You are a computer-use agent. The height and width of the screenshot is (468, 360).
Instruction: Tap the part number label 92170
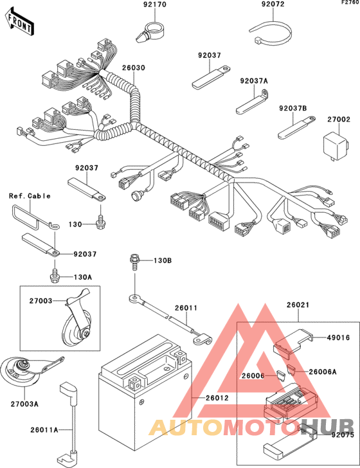click(x=155, y=4)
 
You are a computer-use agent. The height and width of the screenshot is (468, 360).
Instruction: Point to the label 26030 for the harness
click(x=134, y=67)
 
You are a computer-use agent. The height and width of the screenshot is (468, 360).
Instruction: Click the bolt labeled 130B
click(x=134, y=262)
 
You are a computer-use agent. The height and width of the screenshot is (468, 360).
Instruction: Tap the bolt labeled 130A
click(x=55, y=276)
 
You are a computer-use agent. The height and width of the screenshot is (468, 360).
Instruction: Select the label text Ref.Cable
click(x=30, y=196)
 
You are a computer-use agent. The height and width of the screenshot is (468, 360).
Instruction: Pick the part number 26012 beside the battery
click(x=217, y=398)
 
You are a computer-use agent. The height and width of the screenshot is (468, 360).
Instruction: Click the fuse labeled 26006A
click(x=291, y=370)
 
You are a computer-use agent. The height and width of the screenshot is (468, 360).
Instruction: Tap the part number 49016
click(x=338, y=337)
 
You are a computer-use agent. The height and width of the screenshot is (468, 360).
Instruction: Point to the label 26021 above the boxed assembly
click(x=298, y=305)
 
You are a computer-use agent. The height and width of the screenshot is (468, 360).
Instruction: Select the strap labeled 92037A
click(x=253, y=102)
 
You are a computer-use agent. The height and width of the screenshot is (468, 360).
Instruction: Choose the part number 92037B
click(x=293, y=108)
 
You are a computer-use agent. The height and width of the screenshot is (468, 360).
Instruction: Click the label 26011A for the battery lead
click(x=44, y=430)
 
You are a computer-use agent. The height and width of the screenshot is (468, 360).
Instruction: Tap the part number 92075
click(x=343, y=435)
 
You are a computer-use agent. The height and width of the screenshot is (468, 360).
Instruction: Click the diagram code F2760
click(x=350, y=3)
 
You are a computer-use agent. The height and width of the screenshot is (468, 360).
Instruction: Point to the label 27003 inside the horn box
click(x=40, y=301)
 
